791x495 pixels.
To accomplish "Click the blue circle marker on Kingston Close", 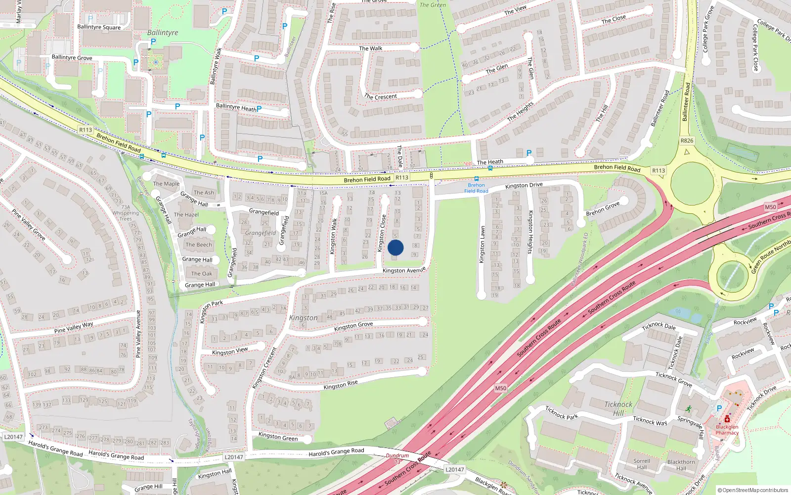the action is [395, 247].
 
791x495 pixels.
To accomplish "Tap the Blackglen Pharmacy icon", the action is [727, 419].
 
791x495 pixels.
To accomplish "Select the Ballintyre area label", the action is [163, 33].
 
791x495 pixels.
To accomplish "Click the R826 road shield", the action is [687, 141].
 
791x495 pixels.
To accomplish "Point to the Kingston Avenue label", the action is [404, 270].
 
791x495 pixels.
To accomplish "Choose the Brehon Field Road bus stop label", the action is [476, 188].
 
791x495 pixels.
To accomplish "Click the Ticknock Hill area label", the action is [618, 408].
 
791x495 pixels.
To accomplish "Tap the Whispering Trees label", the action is [126, 216].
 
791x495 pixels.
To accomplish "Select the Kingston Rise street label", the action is [340, 385].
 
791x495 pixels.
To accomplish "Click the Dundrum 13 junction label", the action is [397, 458].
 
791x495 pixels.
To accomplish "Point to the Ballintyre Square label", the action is [99, 27].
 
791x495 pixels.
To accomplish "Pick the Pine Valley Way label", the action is [74, 327].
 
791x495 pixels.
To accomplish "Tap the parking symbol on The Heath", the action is [529, 153].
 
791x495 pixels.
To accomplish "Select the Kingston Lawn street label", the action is [483, 245].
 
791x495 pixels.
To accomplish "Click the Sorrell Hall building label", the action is [642, 464].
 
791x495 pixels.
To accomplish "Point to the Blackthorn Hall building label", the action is [681, 465].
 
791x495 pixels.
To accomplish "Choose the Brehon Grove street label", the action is [603, 209].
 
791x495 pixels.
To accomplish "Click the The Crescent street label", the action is [380, 97].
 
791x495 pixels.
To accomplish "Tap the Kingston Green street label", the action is [278, 437].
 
